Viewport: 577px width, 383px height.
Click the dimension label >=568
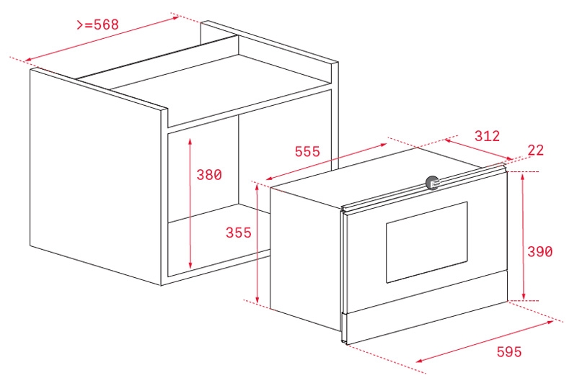click(x=97, y=24)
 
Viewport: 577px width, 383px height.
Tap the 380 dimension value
click(x=209, y=175)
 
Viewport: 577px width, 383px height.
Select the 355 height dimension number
click(x=239, y=233)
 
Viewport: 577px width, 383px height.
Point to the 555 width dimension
click(x=307, y=151)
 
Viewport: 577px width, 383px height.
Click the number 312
click(x=487, y=136)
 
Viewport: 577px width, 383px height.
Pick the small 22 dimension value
click(x=535, y=150)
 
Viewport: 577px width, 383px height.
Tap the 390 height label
click(x=539, y=251)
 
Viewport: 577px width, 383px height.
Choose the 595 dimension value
click(x=509, y=352)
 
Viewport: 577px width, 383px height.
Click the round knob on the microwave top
click(x=432, y=183)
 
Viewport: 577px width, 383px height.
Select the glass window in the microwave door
click(x=426, y=242)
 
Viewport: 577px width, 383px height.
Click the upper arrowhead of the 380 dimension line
click(x=190, y=141)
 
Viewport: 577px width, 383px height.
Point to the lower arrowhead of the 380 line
click(x=190, y=265)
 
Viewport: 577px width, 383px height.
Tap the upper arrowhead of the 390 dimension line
click(x=523, y=177)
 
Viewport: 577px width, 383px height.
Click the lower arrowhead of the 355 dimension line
click(x=257, y=299)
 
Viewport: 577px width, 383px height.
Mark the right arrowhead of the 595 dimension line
click(x=550, y=323)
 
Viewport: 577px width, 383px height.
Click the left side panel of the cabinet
click(x=96, y=176)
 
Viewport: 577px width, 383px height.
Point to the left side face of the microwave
click(x=306, y=257)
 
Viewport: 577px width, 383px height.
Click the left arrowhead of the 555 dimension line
click(x=269, y=179)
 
